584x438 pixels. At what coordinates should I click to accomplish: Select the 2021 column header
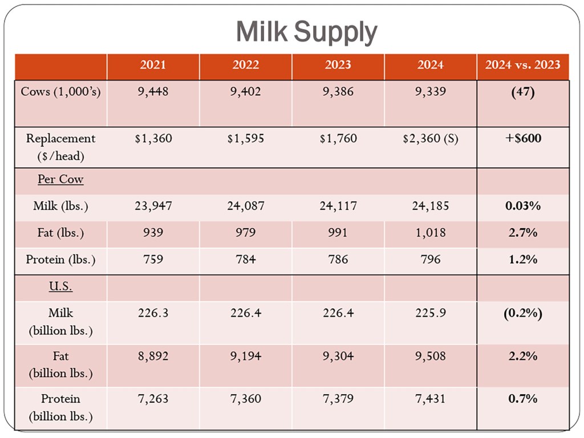(x=153, y=65)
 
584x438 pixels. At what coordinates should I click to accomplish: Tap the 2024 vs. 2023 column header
(x=522, y=65)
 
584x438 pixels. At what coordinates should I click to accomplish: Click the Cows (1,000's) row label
(x=60, y=92)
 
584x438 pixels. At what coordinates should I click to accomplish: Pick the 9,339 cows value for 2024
(x=430, y=92)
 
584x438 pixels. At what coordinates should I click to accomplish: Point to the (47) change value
(x=522, y=92)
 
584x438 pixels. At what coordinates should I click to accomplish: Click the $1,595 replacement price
(x=245, y=139)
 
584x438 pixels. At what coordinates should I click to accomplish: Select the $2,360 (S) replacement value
(x=430, y=139)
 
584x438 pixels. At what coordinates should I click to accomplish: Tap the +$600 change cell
(x=522, y=139)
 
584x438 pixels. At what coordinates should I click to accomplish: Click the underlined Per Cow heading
(x=60, y=180)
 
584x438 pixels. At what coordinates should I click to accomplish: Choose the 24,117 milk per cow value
(x=338, y=206)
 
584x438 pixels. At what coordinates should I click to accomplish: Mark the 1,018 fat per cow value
(x=430, y=233)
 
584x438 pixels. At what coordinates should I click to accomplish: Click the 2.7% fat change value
(x=522, y=233)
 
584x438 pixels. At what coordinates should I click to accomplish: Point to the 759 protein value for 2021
(x=153, y=259)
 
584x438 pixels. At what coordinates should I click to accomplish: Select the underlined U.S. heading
(x=60, y=287)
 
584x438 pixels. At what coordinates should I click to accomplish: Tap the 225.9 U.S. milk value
(x=430, y=313)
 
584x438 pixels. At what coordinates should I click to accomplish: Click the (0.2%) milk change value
(x=522, y=313)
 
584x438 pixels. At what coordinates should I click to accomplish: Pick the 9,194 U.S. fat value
(x=245, y=356)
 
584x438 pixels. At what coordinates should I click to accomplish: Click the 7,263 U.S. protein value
(x=153, y=399)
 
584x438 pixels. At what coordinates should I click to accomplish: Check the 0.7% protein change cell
(x=522, y=399)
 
